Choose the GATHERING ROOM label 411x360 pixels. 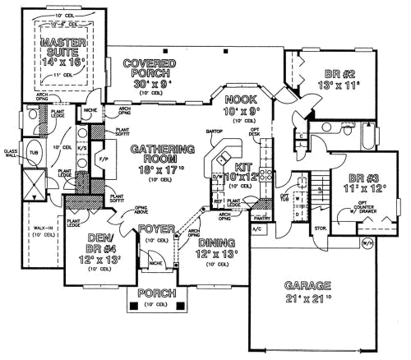click(x=167, y=155)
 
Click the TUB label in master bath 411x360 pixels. click(x=33, y=153)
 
